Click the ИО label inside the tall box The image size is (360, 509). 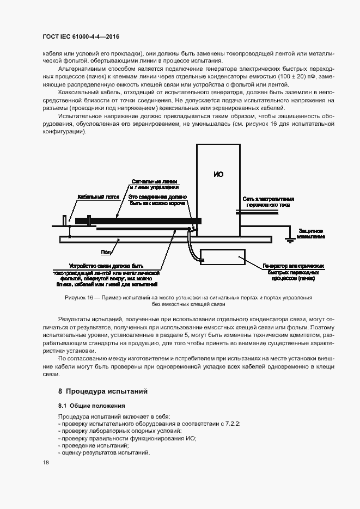pos(218,174)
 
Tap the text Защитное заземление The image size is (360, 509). pos(312,234)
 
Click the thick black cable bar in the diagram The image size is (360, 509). pos(136,220)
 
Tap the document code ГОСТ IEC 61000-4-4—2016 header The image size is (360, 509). pos(81,37)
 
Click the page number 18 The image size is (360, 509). pos(46,462)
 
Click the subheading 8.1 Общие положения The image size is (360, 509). pos(91,406)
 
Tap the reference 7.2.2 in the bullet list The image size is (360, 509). pos(231,423)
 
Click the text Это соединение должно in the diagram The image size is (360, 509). pos(158,196)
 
